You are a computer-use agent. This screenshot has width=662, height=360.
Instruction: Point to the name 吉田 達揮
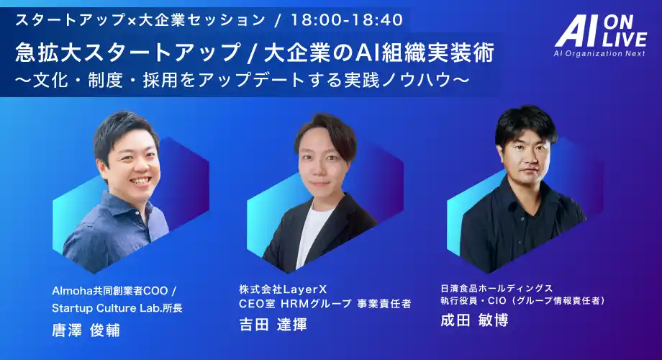[273, 324]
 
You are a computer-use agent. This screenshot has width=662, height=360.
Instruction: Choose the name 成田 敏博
[474, 320]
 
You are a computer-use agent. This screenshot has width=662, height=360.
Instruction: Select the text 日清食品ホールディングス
[496, 287]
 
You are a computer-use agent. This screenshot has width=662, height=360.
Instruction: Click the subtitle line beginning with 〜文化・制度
[238, 80]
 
